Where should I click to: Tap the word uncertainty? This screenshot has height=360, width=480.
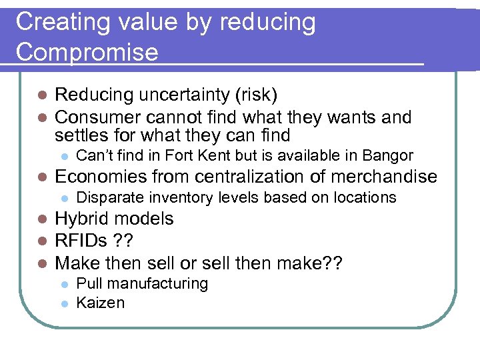(x=178, y=95)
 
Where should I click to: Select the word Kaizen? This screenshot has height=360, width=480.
(x=101, y=303)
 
